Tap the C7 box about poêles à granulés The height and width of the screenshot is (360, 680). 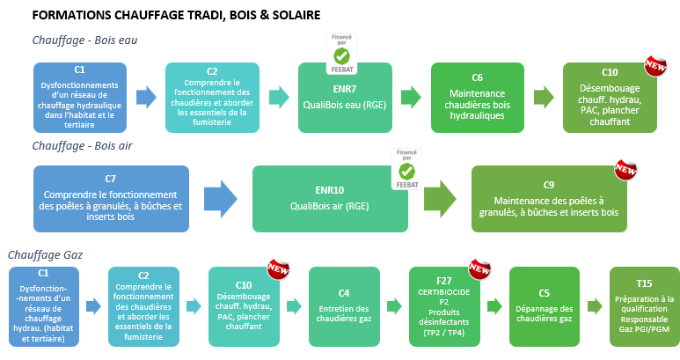tap(110, 199)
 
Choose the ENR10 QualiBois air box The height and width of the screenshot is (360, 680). tap(330, 199)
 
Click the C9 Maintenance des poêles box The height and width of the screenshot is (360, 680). tap(554, 199)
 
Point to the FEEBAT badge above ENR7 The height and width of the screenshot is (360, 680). tap(341, 52)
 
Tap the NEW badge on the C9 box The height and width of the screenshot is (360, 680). tap(625, 168)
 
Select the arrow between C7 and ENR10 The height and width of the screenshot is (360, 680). tap(219, 199)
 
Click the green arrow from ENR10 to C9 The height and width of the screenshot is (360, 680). tap(439, 199)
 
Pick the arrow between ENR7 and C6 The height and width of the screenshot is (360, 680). tap(409, 97)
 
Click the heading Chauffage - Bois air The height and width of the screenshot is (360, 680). tap(82, 144)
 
